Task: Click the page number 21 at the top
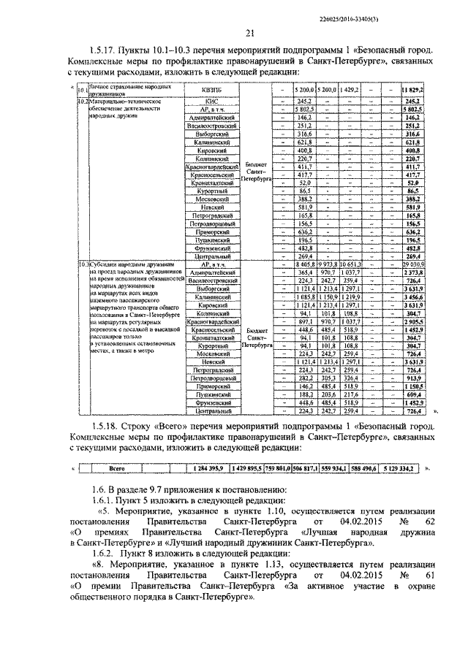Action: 249,34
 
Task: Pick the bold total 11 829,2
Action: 414,90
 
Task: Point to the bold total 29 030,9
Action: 414,264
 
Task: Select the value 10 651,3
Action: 350,264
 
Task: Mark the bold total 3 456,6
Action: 414,298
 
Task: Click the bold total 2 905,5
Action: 414,321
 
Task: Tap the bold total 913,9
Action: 414,379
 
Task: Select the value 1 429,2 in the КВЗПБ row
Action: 350,90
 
